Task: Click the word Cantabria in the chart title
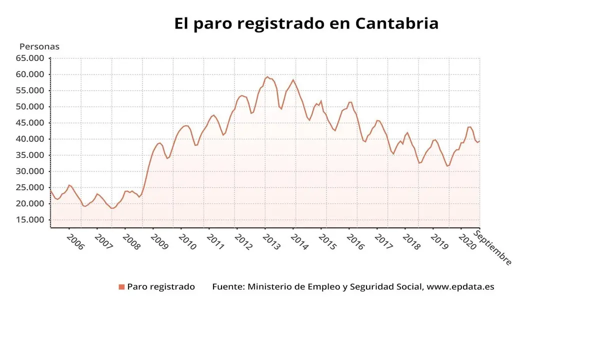point(397,23)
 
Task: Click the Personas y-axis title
point(39,46)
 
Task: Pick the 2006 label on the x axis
point(75,243)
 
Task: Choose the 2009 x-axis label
point(159,243)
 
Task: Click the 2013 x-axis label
point(271,243)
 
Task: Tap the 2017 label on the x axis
point(383,243)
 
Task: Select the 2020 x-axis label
point(467,243)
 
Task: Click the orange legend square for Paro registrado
point(121,287)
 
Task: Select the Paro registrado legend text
point(161,287)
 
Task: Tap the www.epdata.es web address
point(460,287)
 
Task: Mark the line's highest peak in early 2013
point(267,77)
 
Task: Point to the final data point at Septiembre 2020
point(479,140)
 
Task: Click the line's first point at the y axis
point(51,190)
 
